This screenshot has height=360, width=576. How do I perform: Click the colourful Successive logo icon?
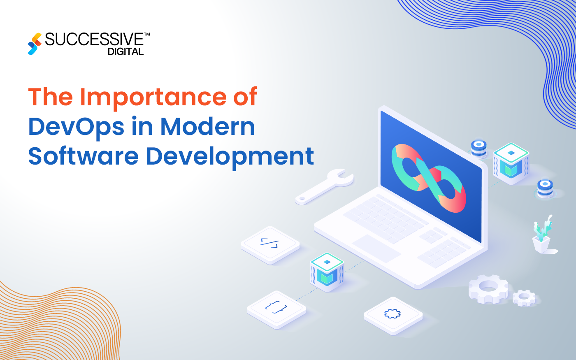[35, 44]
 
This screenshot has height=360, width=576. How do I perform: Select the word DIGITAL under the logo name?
[125, 51]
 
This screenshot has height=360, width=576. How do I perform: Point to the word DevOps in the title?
[76, 127]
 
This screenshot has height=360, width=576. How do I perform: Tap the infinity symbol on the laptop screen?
[428, 177]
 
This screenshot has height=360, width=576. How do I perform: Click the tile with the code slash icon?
[269, 244]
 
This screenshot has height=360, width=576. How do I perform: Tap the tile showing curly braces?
[276, 308]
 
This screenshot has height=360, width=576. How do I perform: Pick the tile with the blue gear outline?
[393, 315]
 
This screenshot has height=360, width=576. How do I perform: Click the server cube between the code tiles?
[327, 271]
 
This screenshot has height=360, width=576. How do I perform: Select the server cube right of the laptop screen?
[511, 162]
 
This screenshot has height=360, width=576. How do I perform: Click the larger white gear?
[488, 288]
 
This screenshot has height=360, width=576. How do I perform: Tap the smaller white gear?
[524, 297]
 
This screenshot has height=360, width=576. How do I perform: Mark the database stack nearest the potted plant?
[545, 189]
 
